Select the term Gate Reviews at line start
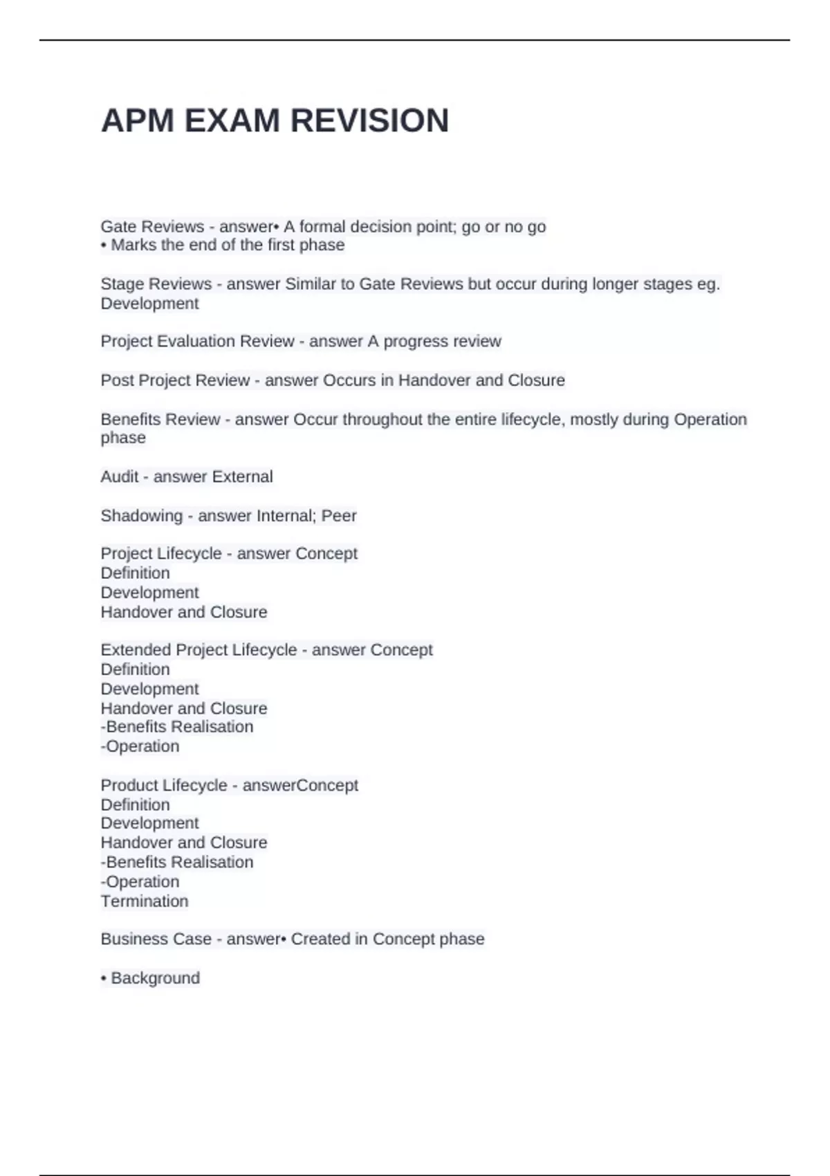pyautogui.click(x=152, y=227)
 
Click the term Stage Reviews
pyautogui.click(x=156, y=284)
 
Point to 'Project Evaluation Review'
pyautogui.click(x=197, y=342)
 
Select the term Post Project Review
pyautogui.click(x=175, y=380)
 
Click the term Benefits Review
pyautogui.click(x=160, y=420)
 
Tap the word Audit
pyautogui.click(x=119, y=477)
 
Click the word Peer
pyautogui.click(x=339, y=516)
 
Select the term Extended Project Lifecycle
pyautogui.click(x=199, y=650)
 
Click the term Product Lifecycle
pyautogui.click(x=163, y=786)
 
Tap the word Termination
pyautogui.click(x=144, y=901)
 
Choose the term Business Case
pyautogui.click(x=156, y=939)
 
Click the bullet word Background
pyautogui.click(x=155, y=978)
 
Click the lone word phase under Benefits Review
pyautogui.click(x=123, y=438)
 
